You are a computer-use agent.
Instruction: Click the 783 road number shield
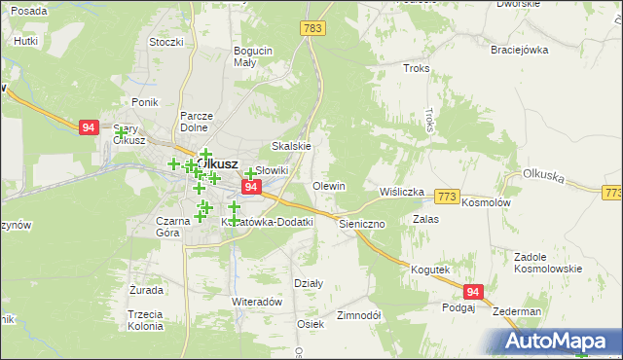[312, 29]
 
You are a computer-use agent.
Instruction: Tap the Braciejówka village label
[521, 50]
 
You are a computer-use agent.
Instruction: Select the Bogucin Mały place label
[251, 56]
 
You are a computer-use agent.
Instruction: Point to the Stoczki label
[166, 42]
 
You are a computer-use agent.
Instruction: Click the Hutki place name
[25, 42]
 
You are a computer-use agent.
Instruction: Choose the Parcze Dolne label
[197, 122]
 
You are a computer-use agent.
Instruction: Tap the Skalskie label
[291, 146]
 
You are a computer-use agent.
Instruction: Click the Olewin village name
[328, 186]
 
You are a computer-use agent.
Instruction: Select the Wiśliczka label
[402, 192]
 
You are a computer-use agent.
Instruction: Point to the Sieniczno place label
[363, 223]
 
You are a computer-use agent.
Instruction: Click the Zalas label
[425, 220]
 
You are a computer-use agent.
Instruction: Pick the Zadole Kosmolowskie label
[548, 263]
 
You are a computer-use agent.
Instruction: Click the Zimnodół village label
[358, 316]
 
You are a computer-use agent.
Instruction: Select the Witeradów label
[256, 302]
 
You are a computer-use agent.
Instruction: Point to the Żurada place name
[145, 290]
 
